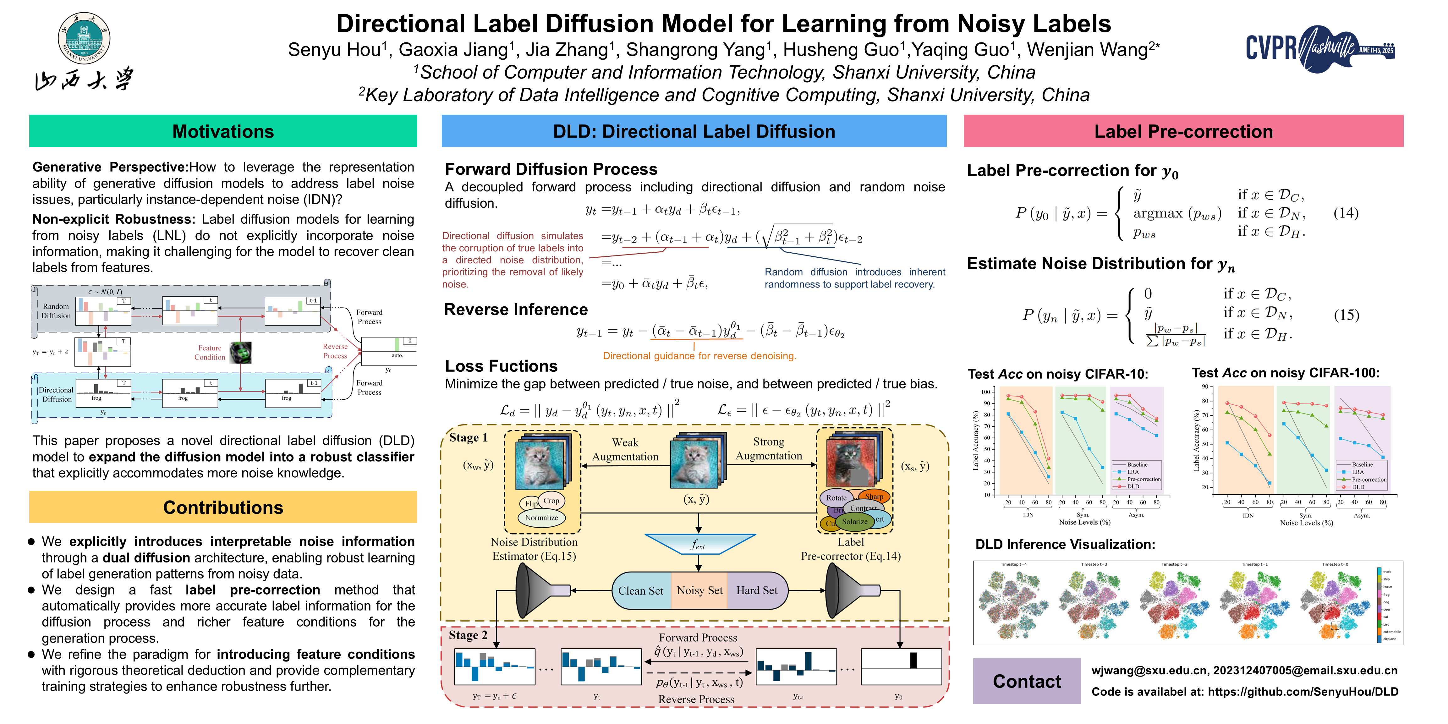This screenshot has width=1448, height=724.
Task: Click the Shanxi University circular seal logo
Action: (84, 38)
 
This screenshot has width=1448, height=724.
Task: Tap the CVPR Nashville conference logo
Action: (1320, 48)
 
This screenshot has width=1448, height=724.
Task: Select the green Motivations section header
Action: (223, 131)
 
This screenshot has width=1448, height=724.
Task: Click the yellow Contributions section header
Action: (223, 507)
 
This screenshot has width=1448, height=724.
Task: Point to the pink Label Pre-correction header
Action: (1183, 131)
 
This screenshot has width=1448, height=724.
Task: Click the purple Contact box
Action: (1026, 681)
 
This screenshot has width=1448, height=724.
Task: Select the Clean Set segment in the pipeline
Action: (641, 590)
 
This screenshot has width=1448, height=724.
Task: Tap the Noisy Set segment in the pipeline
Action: (699, 590)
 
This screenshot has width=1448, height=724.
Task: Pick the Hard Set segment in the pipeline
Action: (757, 590)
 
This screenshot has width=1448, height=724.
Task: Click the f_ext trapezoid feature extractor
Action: (698, 544)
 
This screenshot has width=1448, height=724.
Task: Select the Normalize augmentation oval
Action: (541, 518)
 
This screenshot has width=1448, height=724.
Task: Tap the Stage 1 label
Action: (468, 437)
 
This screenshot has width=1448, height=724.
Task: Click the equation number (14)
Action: (1346, 213)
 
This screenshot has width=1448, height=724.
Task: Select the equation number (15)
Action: (1346, 315)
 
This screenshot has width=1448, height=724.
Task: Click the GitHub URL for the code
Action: (1303, 691)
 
